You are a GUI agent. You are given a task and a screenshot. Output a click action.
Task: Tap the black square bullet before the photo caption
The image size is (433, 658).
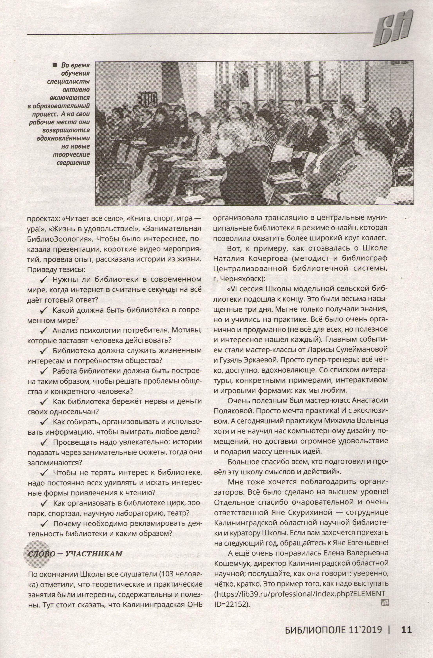click(x=54, y=65)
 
